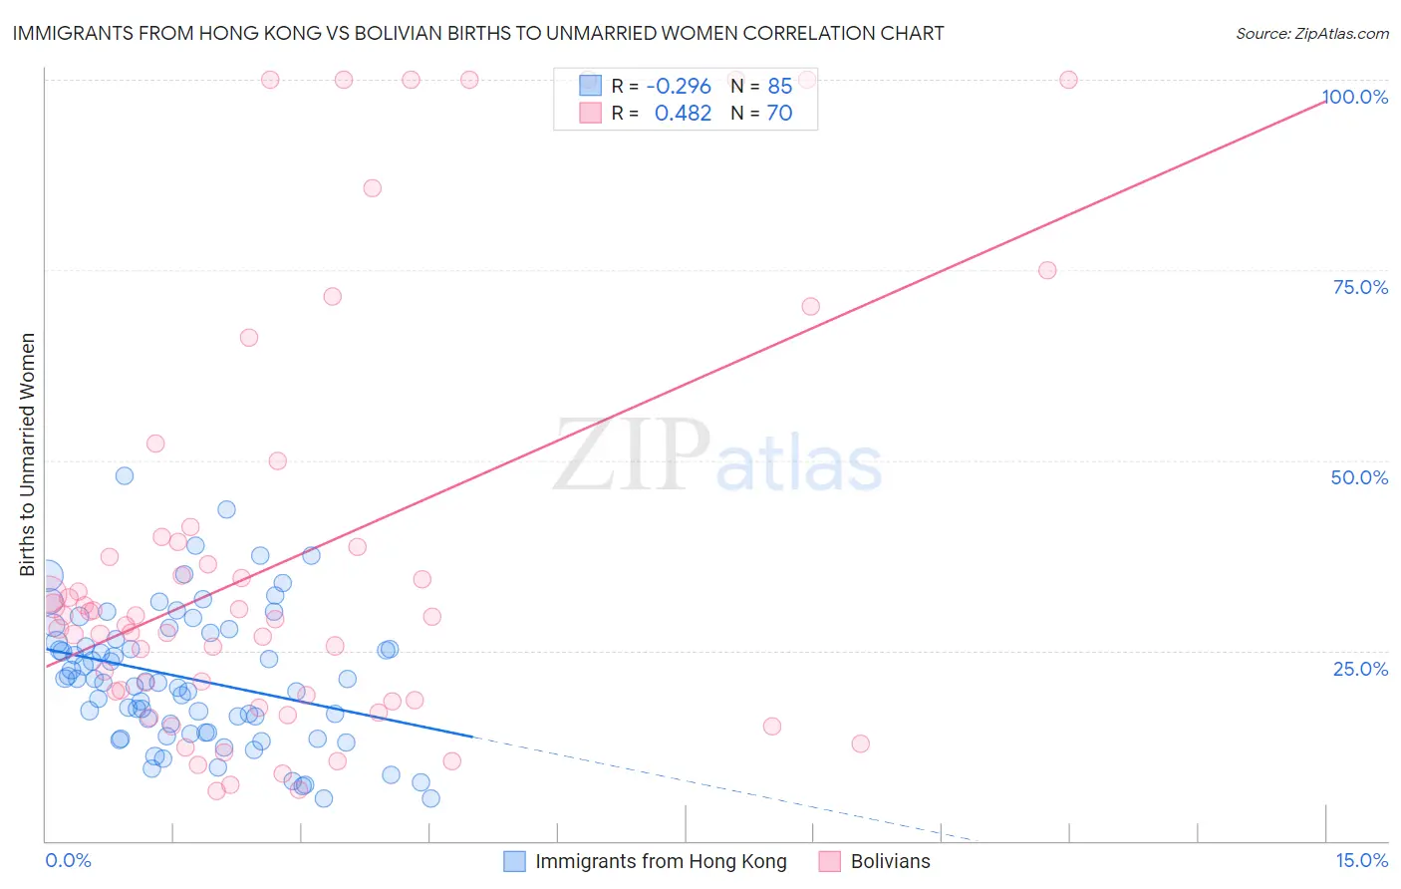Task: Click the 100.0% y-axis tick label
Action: pos(1354,97)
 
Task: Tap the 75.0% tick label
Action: pos(1360,287)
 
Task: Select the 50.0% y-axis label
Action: pos(1359,477)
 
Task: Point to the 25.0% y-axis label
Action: pos(1360,668)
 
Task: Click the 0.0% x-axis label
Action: pos(68,860)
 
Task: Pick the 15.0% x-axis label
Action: pos(1361,860)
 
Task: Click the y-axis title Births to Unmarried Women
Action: pos(27,454)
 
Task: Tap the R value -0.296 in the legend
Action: pos(679,87)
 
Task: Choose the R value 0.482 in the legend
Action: pos(683,114)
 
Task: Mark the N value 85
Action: pos(779,87)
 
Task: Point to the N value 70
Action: pos(779,114)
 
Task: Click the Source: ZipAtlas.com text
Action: pos(1311,34)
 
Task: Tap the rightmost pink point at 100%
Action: pos(1068,80)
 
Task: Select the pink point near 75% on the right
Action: pos(1047,270)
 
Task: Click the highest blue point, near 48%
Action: pos(125,475)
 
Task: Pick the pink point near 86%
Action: pos(373,188)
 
